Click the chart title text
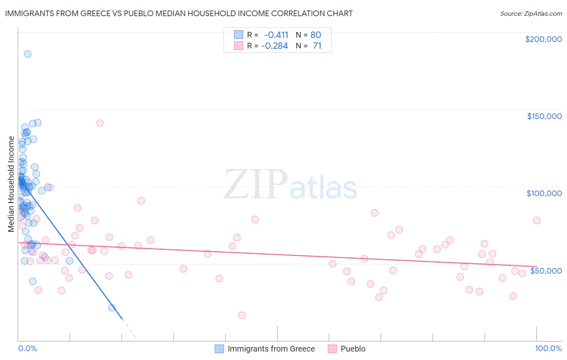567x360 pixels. [179, 13]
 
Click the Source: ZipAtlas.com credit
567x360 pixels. [531, 13]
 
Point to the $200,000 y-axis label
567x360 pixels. [543, 39]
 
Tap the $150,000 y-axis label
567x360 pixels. [544, 116]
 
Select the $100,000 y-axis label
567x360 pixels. [544, 193]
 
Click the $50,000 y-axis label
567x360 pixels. [546, 270]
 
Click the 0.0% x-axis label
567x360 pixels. [27, 348]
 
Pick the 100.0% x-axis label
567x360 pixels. [548, 348]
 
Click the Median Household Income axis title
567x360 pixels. [11, 184]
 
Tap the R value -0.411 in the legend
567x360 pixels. [276, 35]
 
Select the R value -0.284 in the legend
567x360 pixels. [275, 46]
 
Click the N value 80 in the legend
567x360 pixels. [315, 35]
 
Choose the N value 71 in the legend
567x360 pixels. [317, 46]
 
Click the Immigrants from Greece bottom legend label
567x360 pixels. [271, 349]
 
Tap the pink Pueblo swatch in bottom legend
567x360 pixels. [332, 349]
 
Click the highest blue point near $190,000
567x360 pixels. [27, 54]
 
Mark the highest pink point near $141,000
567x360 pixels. [100, 123]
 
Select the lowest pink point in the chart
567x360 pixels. [242, 315]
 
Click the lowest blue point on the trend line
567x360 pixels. [112, 308]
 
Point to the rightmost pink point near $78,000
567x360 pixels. [537, 220]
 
